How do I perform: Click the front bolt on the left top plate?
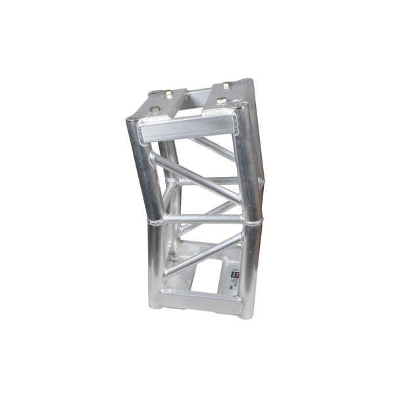(155, 109)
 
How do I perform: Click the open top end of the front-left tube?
(135, 119)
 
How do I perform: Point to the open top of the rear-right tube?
(247, 82)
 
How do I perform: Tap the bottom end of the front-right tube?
(246, 312)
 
